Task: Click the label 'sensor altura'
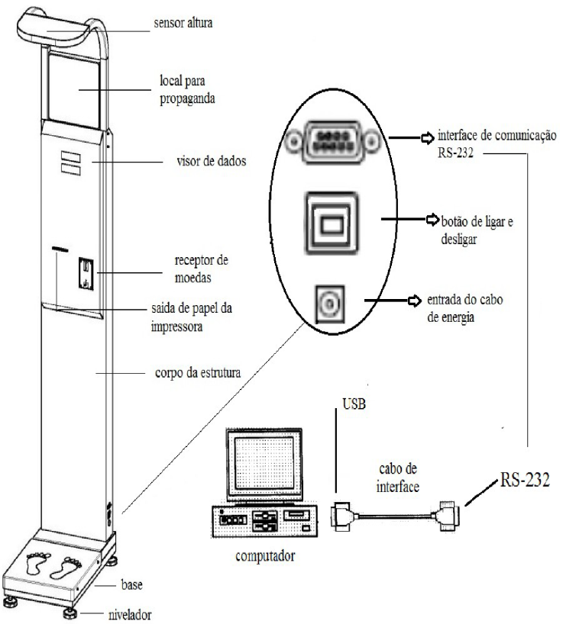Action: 183,23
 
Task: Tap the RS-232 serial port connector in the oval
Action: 333,142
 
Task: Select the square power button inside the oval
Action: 332,223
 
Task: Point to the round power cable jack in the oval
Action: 329,304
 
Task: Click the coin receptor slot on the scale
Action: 86,273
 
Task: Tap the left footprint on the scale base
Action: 38,564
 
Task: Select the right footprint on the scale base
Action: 66,568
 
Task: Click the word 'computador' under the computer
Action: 265,555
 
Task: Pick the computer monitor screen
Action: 264,463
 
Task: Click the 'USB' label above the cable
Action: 354,404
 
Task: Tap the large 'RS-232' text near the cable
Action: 525,480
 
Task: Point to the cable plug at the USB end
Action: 341,516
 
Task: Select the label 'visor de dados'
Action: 212,161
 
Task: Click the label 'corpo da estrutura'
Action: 198,373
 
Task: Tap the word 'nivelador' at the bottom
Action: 130,615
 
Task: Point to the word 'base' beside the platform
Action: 131,585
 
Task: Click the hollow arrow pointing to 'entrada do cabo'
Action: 415,301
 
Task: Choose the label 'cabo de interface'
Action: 398,478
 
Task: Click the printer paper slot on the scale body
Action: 60,249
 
